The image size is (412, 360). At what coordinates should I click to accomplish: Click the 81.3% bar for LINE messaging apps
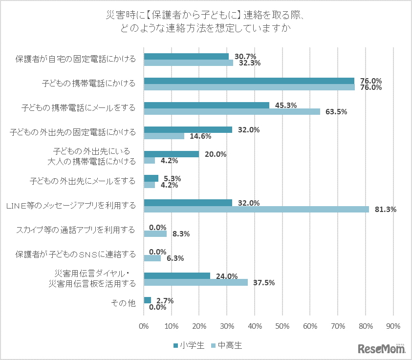tap(256, 209)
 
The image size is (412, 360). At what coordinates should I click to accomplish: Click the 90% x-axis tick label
tap(392, 325)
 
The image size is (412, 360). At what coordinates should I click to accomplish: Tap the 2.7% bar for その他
tap(148, 300)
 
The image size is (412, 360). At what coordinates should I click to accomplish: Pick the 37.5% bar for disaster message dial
tap(195, 282)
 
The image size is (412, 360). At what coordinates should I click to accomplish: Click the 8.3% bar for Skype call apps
tap(155, 233)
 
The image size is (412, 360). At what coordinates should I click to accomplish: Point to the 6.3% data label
tap(172, 258)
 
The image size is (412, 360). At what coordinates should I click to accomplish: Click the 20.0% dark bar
tap(171, 154)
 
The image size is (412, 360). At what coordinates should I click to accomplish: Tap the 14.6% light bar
tap(164, 136)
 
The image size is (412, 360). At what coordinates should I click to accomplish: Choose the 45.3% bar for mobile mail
tap(206, 105)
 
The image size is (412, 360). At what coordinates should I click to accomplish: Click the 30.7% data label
tap(245, 56)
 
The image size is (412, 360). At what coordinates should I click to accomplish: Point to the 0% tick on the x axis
tap(144, 325)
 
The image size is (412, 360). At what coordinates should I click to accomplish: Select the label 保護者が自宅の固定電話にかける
tap(75, 59)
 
